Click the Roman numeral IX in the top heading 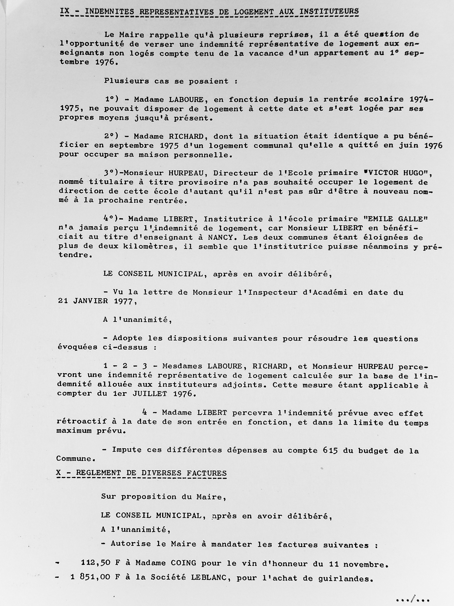click(65, 11)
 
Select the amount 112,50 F click(101, 563)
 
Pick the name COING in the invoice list click(183, 563)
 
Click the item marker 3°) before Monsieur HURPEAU click(111, 173)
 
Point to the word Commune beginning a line click(73, 459)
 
